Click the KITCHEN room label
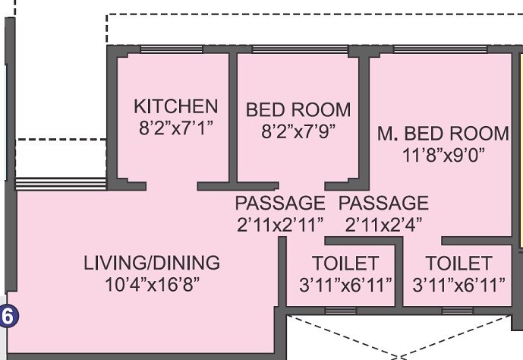[175, 106]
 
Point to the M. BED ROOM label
[444, 134]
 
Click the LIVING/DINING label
[152, 264]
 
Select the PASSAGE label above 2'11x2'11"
[279, 204]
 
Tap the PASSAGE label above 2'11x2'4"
[383, 204]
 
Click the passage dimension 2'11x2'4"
[383, 224]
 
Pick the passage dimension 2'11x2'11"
[279, 224]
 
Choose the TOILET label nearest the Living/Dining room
[345, 264]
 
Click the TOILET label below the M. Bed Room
[458, 264]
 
